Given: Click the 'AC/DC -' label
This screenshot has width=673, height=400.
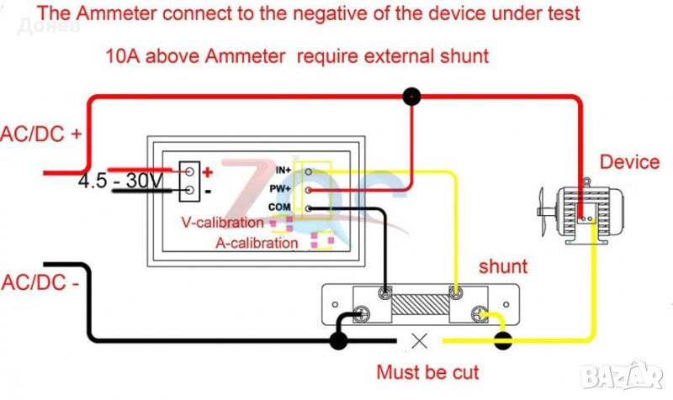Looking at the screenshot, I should (x=40, y=282).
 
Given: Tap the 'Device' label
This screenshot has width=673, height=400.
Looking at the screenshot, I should (x=629, y=161).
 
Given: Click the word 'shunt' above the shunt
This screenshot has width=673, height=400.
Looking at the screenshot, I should (x=503, y=266).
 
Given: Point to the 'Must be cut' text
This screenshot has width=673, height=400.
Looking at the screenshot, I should (x=427, y=371).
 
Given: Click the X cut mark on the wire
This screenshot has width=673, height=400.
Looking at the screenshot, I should (x=420, y=340).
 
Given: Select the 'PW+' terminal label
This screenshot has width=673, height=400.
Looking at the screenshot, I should (x=283, y=189).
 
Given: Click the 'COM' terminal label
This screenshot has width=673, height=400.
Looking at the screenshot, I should (x=282, y=208).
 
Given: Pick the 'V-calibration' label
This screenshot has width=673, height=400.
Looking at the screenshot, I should (x=223, y=224).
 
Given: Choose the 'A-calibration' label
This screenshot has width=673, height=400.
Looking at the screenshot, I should (x=256, y=244).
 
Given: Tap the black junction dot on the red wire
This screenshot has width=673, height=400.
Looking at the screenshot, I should (x=411, y=97).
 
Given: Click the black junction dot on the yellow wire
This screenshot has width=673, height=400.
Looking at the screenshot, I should (x=502, y=340).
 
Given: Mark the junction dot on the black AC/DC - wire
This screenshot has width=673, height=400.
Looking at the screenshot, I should (x=338, y=340).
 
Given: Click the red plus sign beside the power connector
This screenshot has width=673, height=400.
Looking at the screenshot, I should (x=208, y=171).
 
